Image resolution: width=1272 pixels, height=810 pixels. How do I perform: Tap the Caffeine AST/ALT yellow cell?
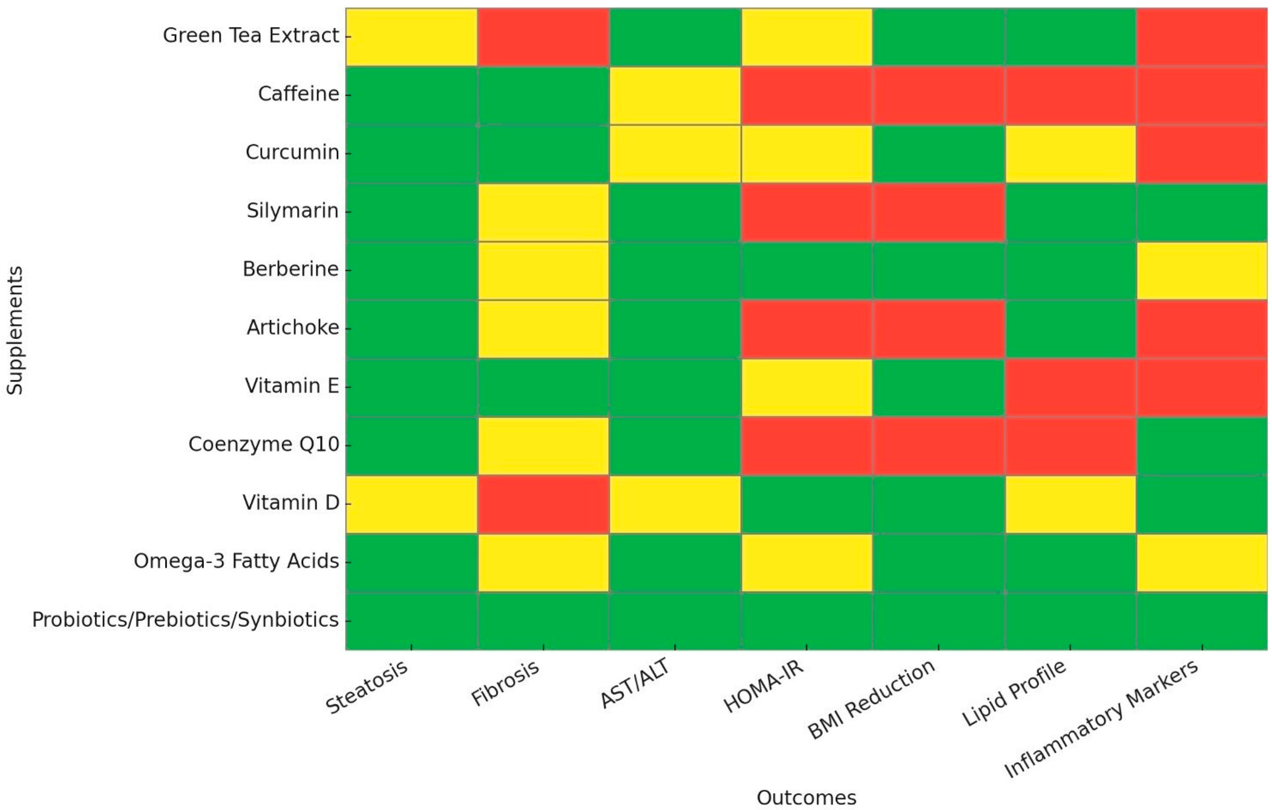[x=675, y=95]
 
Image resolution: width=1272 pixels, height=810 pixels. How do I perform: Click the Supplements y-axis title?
[x=15, y=330]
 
